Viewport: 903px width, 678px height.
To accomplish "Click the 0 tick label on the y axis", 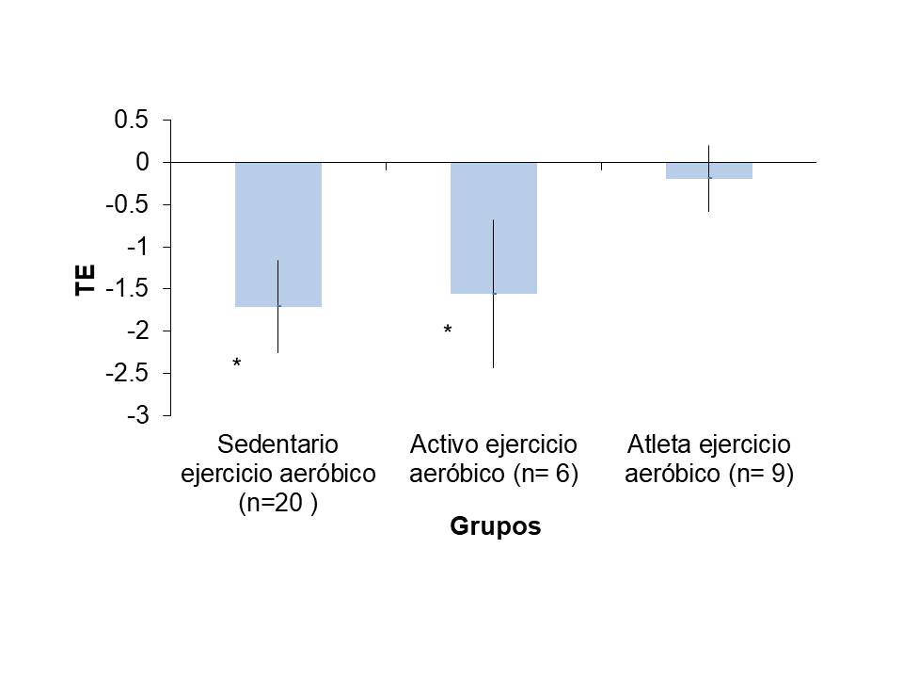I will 143,162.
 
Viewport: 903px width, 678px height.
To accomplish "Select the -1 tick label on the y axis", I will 139,247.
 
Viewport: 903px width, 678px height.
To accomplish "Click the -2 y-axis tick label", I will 139,331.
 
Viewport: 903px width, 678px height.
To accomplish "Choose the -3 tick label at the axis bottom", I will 139,415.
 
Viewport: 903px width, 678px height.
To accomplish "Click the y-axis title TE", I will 85,280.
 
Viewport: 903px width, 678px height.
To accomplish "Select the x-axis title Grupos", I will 496,526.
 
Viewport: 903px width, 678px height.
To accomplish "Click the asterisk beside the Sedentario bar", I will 237,363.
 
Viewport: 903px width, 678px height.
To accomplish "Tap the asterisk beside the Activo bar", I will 448,331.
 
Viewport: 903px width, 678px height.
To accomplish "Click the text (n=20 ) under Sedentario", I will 277,504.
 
